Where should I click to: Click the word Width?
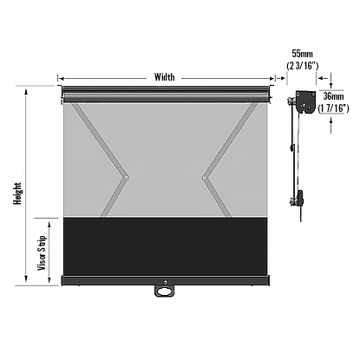[x=164, y=76]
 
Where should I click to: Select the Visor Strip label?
[x=42, y=251]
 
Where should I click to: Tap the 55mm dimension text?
[x=303, y=54]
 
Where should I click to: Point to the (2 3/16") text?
[x=303, y=65]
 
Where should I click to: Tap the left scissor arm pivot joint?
[x=126, y=179]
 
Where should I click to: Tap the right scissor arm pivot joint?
[x=205, y=179]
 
